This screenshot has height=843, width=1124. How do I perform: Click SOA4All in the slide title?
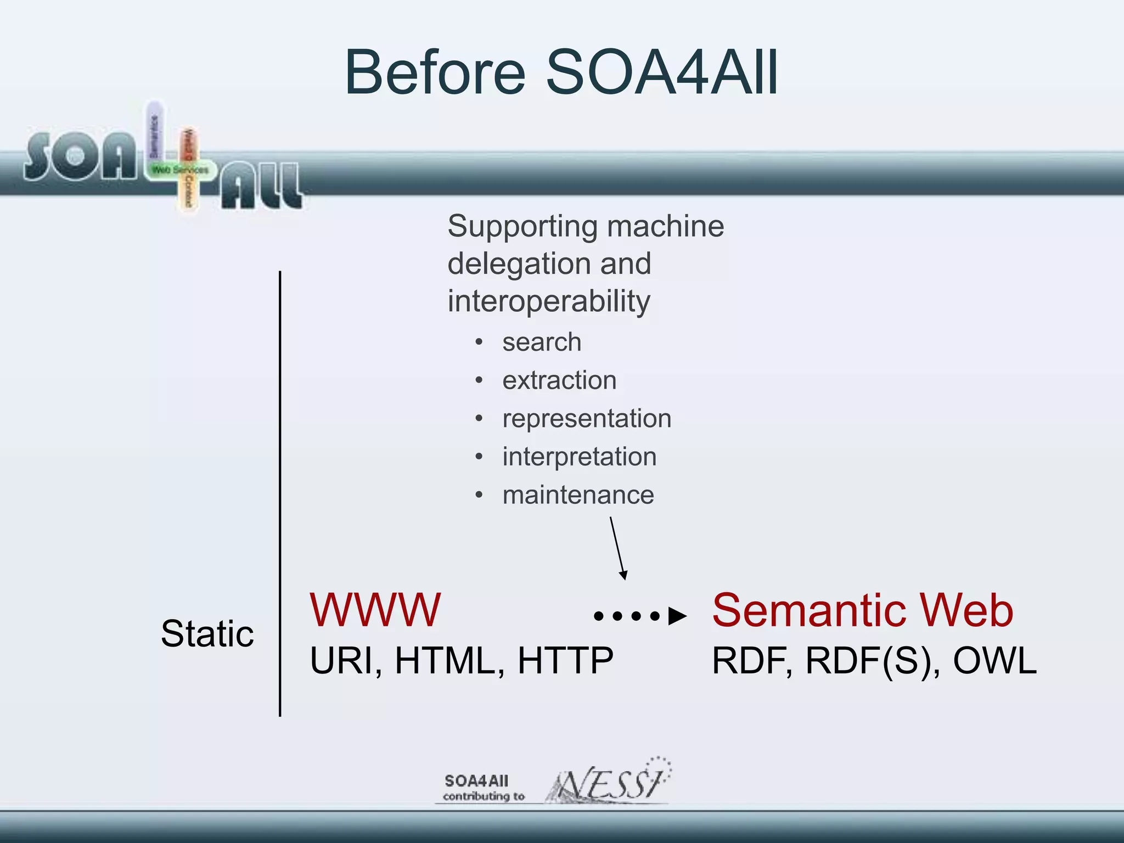click(x=662, y=72)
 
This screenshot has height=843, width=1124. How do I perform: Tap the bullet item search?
click(x=541, y=342)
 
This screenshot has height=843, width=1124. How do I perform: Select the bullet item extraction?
click(x=559, y=380)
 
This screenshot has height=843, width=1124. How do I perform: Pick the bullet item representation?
click(x=586, y=419)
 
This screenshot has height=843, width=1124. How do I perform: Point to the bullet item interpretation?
click(x=579, y=457)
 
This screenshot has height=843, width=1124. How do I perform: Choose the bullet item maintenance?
click(x=578, y=495)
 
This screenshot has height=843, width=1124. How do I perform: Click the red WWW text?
click(x=375, y=610)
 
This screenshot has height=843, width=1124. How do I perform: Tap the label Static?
click(x=207, y=634)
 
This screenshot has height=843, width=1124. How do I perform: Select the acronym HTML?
click(x=450, y=660)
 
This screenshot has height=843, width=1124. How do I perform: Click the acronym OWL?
click(x=994, y=660)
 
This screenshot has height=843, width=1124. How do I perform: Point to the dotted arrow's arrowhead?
click(x=677, y=616)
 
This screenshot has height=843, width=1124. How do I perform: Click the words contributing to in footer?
click(x=484, y=796)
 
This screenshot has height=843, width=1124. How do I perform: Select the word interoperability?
click(x=548, y=301)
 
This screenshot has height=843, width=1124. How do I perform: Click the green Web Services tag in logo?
click(x=180, y=170)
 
